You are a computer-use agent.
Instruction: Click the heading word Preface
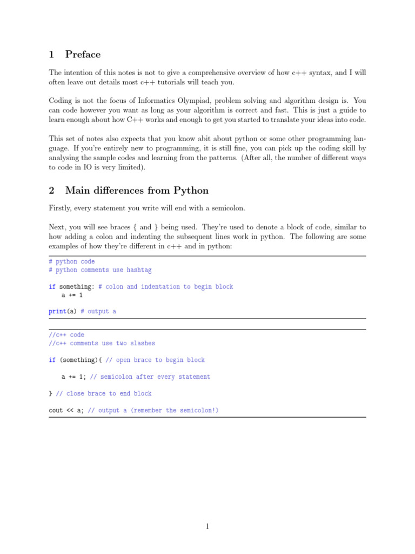(x=83, y=54)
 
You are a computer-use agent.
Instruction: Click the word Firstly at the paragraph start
(x=60, y=208)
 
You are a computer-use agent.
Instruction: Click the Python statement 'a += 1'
(x=72, y=295)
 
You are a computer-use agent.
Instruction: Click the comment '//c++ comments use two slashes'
(x=102, y=343)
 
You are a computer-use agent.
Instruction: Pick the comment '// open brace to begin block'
(x=155, y=360)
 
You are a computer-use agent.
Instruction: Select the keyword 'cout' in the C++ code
(x=56, y=410)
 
